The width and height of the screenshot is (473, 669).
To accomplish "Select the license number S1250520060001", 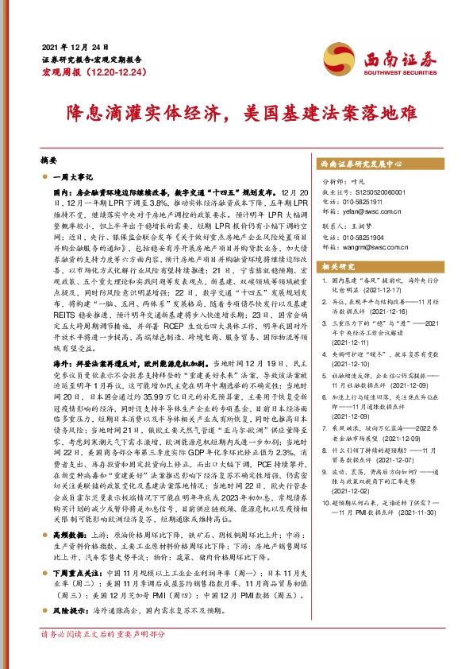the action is (387, 192).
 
